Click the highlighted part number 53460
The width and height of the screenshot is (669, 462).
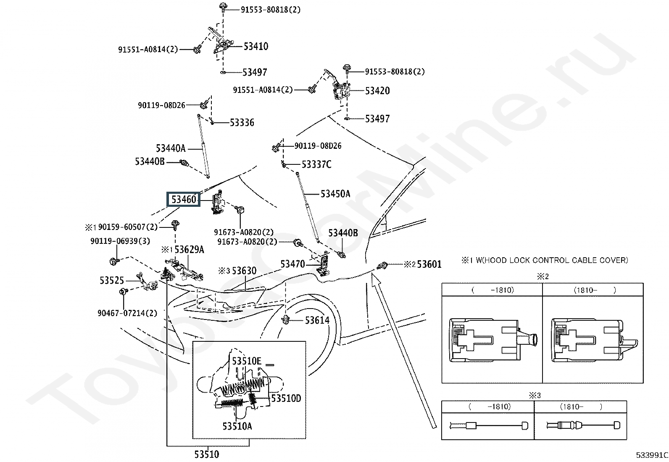[x=183, y=199]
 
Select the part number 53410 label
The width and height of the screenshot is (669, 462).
[x=256, y=46]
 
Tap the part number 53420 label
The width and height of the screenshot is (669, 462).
[x=377, y=90]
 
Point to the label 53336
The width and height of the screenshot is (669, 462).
[x=242, y=122]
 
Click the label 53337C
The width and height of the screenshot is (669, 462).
[x=316, y=164]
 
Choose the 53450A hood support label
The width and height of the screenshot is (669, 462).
[x=335, y=194]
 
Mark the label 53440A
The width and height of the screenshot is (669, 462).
[x=171, y=148]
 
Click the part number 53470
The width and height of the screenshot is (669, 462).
[x=292, y=264]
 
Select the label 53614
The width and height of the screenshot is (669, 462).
[x=317, y=320]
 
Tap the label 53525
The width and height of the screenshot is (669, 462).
[x=112, y=280]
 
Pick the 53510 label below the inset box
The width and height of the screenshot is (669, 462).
[x=207, y=454]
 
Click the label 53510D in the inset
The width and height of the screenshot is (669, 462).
[x=286, y=399]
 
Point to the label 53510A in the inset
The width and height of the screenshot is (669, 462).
[x=237, y=426]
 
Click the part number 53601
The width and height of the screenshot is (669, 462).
[x=429, y=264]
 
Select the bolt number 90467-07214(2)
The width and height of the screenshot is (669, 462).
[x=127, y=313]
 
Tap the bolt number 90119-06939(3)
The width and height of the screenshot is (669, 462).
[x=120, y=241]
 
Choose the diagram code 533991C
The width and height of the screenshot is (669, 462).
[x=652, y=455]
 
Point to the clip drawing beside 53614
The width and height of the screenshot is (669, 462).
[x=286, y=320]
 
